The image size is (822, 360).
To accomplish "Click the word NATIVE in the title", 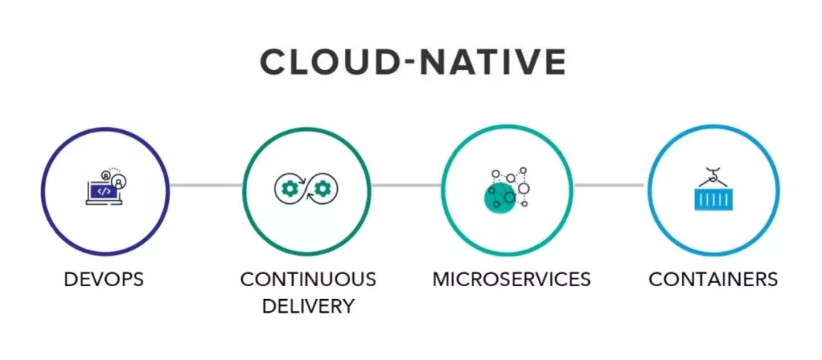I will pyautogui.click(x=502, y=62).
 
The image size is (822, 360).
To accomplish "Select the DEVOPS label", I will pyautogui.click(x=104, y=279).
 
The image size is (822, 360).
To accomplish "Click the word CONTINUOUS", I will pyautogui.click(x=307, y=279).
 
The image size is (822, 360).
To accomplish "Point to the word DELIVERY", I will pyautogui.click(x=307, y=306).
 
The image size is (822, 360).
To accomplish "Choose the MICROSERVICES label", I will pyautogui.click(x=511, y=279).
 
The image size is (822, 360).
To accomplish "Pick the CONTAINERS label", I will pyautogui.click(x=712, y=279).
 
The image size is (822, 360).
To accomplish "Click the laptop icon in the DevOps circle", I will pyautogui.click(x=101, y=193).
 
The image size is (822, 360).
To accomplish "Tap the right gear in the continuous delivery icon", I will pyautogui.click(x=323, y=186).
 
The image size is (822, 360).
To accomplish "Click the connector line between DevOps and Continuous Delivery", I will pyautogui.click(x=205, y=185).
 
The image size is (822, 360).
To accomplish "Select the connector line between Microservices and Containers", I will pyautogui.click(x=608, y=185).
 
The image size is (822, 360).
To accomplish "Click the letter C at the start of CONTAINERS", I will pyautogui.click(x=655, y=279).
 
